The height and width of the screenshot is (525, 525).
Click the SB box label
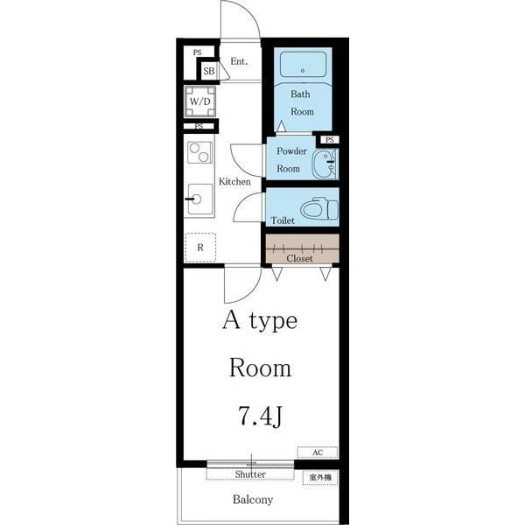click(x=209, y=71)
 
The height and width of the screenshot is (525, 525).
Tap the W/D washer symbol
click(x=199, y=101)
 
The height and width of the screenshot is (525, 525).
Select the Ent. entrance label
click(x=239, y=61)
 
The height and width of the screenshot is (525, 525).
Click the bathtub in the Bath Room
click(x=303, y=64)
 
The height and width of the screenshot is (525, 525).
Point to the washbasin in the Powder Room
click(x=325, y=164)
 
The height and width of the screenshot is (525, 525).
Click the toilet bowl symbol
click(x=319, y=208)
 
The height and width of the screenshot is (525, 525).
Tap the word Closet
click(x=299, y=258)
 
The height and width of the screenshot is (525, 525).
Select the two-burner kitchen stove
click(x=199, y=152)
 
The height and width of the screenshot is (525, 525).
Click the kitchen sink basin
click(x=200, y=199)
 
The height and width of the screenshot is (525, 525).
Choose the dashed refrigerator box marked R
click(x=200, y=248)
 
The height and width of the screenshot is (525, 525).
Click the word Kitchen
click(x=234, y=181)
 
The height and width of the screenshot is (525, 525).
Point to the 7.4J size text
click(x=261, y=416)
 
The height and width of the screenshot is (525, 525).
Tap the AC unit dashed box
click(x=318, y=452)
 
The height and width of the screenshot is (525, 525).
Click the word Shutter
click(x=250, y=474)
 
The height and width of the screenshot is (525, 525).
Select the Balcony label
click(x=253, y=500)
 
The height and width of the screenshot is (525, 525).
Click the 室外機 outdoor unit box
click(x=320, y=478)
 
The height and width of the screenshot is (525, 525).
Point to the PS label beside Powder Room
click(x=330, y=140)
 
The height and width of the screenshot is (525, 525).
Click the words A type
click(x=260, y=321)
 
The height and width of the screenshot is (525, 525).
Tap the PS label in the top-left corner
click(x=198, y=52)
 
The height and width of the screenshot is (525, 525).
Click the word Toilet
click(x=283, y=220)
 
